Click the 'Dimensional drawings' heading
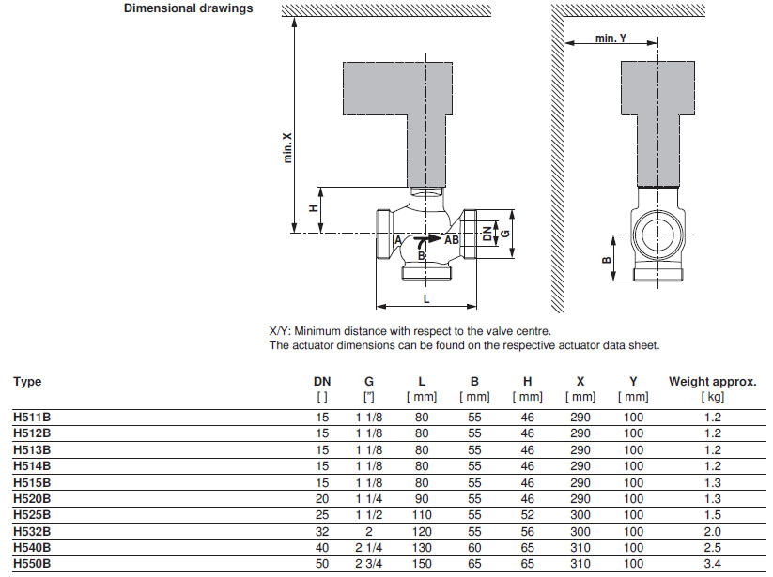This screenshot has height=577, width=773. (x=189, y=9)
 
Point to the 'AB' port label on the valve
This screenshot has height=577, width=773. (x=452, y=240)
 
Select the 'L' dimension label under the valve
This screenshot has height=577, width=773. (x=426, y=298)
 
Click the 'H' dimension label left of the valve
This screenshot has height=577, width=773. (x=313, y=209)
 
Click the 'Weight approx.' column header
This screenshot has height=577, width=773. (x=712, y=382)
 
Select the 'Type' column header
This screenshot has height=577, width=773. (x=27, y=382)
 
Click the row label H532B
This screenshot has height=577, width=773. (x=32, y=530)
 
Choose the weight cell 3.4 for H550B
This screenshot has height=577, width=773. (x=712, y=562)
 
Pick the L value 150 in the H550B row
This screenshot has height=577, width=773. (x=422, y=562)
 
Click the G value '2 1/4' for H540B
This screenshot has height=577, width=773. (x=368, y=546)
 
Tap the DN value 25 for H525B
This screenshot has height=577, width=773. (x=321, y=514)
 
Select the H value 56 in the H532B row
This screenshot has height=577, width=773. (x=528, y=530)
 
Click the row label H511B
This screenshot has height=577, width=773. (x=32, y=418)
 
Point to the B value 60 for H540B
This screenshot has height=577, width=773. (x=474, y=546)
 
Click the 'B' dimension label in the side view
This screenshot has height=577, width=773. (x=606, y=261)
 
